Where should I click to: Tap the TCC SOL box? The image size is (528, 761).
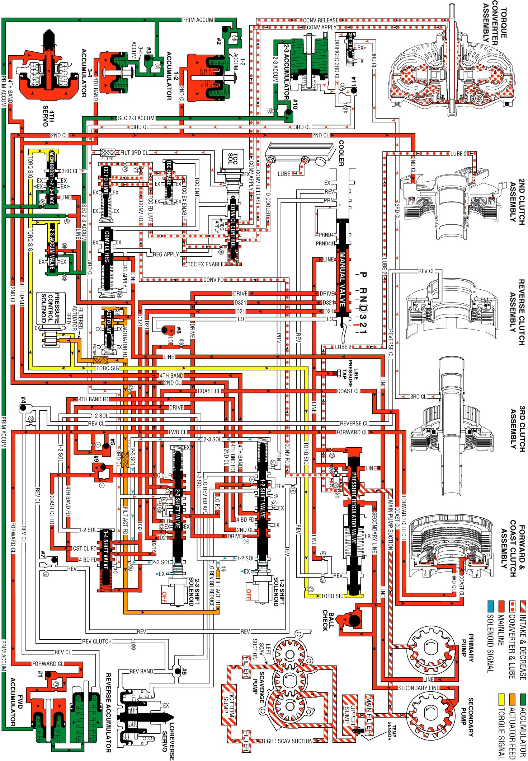coord(233,158)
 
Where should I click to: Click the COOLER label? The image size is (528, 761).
coord(341,153)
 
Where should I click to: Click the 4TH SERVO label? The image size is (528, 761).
coord(49,116)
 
